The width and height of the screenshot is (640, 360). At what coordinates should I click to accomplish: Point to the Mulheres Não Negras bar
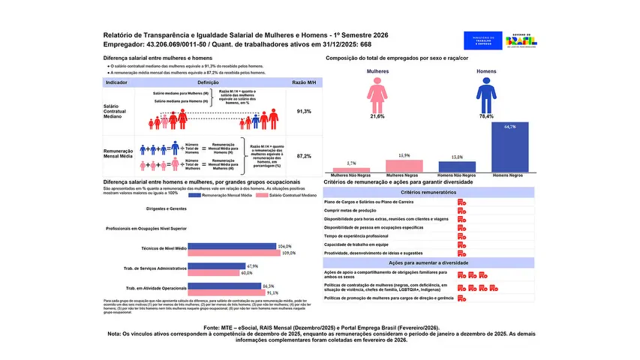click(x=351, y=170)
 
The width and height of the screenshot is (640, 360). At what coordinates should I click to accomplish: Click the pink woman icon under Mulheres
click(x=377, y=95)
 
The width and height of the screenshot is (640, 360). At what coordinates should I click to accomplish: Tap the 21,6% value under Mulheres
click(x=377, y=117)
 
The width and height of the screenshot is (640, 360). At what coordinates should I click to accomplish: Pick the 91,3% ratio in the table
click(x=304, y=111)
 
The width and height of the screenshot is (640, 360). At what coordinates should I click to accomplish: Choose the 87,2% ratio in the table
click(x=304, y=156)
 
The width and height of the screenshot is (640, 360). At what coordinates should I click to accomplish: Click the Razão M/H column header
click(x=304, y=82)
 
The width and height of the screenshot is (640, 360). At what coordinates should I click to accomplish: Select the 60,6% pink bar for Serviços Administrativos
click(x=213, y=273)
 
